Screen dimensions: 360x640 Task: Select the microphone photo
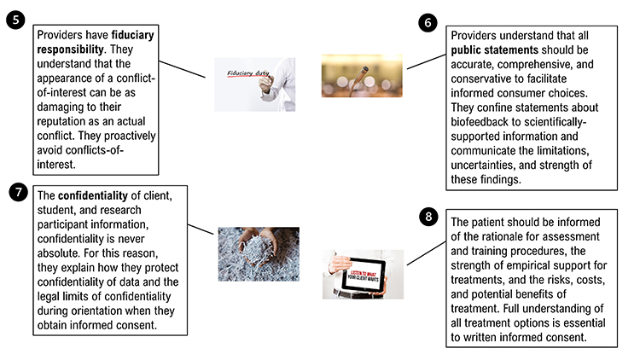(x=361, y=76)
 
